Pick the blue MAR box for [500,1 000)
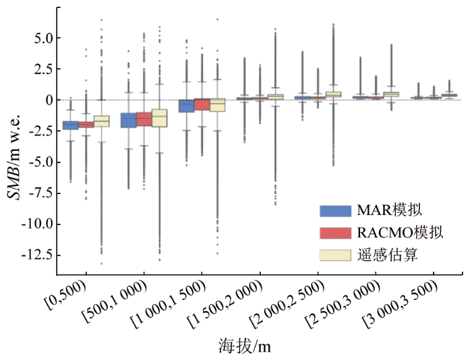(x=128, y=120)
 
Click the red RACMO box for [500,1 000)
(x=144, y=119)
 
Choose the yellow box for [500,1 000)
(x=159, y=118)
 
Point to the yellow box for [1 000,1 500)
(x=217, y=104)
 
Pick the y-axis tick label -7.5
(x=35, y=193)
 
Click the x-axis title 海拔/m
(x=244, y=347)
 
